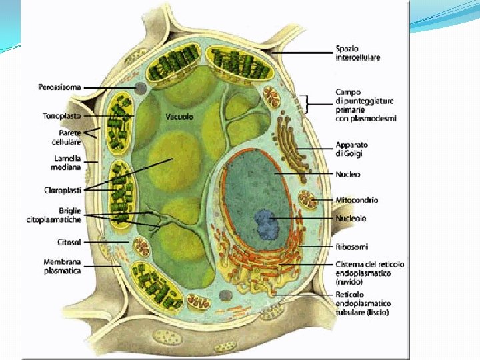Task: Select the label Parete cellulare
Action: [x=67, y=137]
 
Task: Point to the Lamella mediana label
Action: [x=67, y=162]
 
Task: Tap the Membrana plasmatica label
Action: [x=63, y=267]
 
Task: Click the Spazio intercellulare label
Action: [x=357, y=53]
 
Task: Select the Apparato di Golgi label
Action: [x=351, y=149]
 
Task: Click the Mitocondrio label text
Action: [x=356, y=199]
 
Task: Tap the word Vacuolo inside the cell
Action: [x=179, y=117]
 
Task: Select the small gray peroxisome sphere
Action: [x=139, y=87]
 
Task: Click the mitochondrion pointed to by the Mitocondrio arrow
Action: [x=309, y=199]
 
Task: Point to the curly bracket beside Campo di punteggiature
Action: [x=307, y=103]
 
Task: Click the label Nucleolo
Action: [x=351, y=218]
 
